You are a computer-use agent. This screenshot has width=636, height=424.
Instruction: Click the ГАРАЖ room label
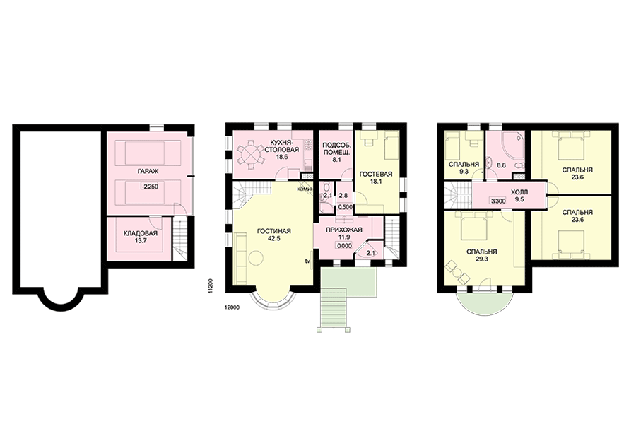pos(148,172)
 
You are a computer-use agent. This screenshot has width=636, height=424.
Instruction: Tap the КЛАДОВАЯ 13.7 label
pos(141,237)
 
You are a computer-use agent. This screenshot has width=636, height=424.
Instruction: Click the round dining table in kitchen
pos(249,154)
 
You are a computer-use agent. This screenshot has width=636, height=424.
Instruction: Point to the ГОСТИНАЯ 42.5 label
pos(274,235)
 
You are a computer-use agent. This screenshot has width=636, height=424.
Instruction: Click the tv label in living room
pos(308,261)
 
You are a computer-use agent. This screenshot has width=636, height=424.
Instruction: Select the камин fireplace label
pos(305,189)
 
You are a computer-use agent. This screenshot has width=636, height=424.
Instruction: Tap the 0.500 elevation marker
pos(346,207)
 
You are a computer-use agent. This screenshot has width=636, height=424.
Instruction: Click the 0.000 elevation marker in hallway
pos(343,245)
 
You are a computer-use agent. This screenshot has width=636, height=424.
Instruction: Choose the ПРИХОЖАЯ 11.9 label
pos(344,233)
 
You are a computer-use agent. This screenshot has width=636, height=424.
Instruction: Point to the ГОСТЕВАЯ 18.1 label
pos(376,178)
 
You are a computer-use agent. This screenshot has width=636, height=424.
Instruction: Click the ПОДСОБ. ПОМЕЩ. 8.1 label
pos(336,153)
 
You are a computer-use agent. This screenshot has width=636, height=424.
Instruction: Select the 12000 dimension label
pos(232,307)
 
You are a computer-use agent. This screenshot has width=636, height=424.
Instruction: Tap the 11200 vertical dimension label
pos(210,285)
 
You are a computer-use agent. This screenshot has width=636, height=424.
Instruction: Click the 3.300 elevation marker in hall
pos(497,201)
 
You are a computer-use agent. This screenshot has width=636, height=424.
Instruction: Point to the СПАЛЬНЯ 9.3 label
pos(464,168)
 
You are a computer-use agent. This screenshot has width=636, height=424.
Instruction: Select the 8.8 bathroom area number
pos(501,165)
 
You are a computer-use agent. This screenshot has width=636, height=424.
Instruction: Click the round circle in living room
pos(257,258)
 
